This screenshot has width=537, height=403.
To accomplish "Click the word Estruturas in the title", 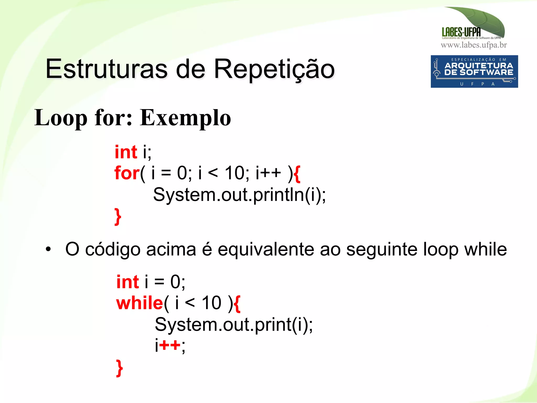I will pos(106,69).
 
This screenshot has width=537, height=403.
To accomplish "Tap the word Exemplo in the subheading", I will pos(185,118).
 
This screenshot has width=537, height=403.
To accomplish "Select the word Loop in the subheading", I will pos(61,118).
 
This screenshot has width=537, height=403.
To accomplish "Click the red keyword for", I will pos(127,173).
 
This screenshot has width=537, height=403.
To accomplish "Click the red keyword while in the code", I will pos(140,303).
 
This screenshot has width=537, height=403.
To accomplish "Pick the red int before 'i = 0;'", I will pos(128,282).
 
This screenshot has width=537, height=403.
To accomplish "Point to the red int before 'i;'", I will pos(126,152).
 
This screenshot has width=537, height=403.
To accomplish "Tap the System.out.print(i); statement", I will pos(233,325).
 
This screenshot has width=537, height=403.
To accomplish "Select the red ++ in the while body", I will pos(170,345).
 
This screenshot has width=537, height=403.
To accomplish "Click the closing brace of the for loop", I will pos(118,216).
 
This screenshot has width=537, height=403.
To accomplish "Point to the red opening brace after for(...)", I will pos(297,173).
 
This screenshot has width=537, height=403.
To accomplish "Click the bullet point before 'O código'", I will pos(48,249).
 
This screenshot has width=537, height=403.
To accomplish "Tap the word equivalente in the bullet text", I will pos(266,249).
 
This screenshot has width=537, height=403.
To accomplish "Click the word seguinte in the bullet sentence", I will pos(382,249).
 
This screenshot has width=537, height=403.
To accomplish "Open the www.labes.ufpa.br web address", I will pos(474,45).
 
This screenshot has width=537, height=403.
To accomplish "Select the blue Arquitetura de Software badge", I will pos(474,71).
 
